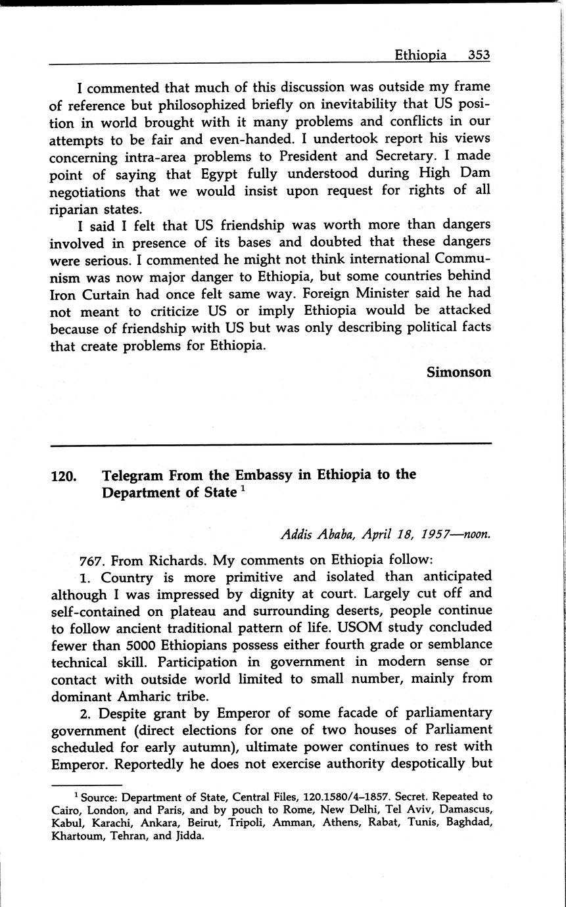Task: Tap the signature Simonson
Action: click(x=459, y=371)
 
